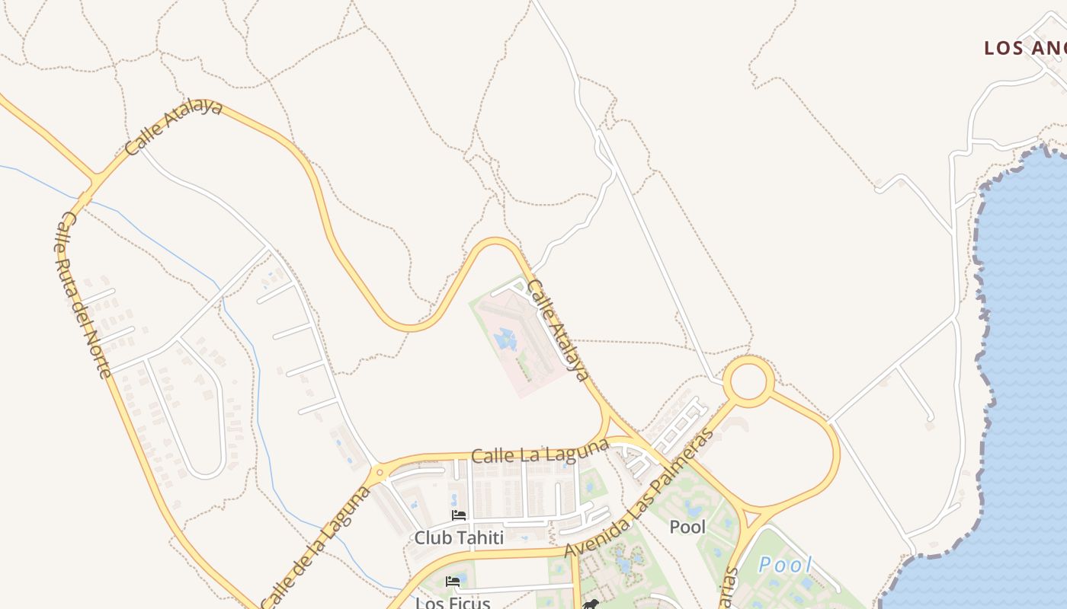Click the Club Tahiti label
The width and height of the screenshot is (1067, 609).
click(459, 537)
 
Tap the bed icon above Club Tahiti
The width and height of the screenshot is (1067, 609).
click(459, 515)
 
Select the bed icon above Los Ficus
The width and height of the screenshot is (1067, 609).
click(453, 582)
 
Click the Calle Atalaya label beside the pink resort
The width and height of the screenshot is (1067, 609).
click(559, 330)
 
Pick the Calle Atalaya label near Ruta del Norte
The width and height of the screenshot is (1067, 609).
click(174, 127)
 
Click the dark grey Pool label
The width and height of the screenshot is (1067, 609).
click(687, 526)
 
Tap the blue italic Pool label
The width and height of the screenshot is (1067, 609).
click(786, 565)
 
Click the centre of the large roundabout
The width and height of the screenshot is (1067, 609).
click(748, 381)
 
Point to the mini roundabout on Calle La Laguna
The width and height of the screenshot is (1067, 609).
click(380, 473)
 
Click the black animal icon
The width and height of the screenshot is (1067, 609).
click(590, 604)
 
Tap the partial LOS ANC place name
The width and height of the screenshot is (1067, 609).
click(1025, 48)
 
